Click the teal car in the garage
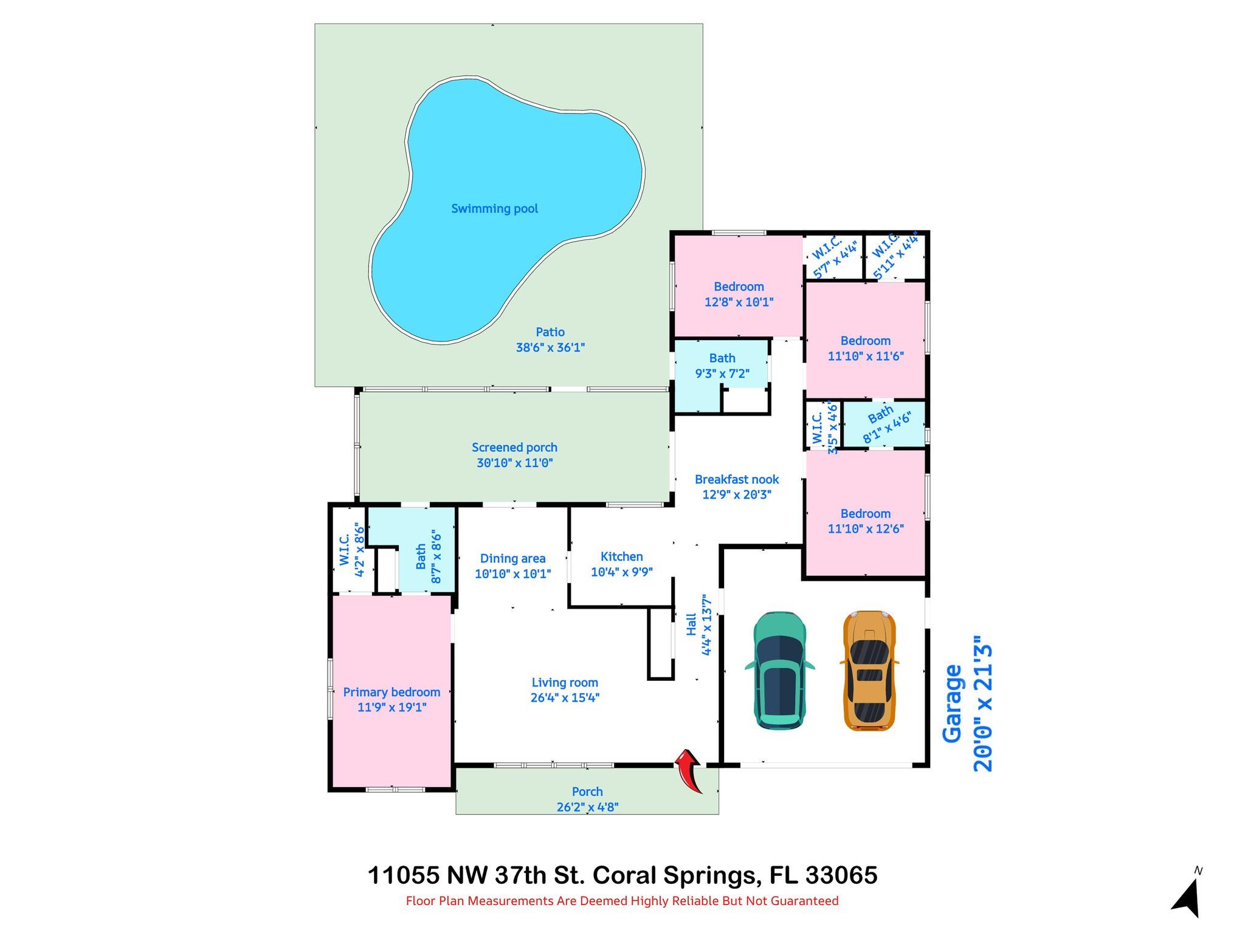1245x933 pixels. point(780,671)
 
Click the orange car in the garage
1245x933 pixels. point(869,671)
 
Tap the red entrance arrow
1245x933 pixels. point(689,770)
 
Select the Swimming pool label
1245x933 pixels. point(495,209)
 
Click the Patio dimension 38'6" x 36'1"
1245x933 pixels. point(550,348)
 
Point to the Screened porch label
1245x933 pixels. point(514,448)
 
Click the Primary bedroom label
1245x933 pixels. point(391,692)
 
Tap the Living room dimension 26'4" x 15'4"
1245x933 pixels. point(565,698)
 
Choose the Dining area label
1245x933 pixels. point(512,559)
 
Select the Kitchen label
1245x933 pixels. point(621,556)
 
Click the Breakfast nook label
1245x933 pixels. point(737,479)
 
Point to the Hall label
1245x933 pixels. point(691,625)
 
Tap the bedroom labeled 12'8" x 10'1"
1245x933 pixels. point(739,294)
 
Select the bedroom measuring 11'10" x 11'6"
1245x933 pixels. point(866,348)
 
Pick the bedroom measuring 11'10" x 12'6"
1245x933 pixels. point(866,521)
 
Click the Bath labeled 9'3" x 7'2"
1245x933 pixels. point(722,366)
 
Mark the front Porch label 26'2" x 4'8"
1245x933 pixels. point(587,799)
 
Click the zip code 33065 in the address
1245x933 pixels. point(841,875)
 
